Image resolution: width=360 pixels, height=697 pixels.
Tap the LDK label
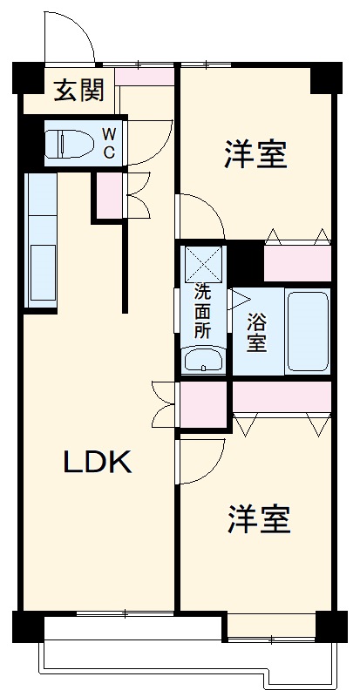(97, 463)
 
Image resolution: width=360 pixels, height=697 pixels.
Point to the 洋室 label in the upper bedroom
(255, 157)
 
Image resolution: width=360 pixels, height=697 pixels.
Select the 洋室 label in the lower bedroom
(259, 520)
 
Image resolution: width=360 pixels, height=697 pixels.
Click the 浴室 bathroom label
(255, 331)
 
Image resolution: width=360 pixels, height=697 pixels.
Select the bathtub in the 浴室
(308, 331)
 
